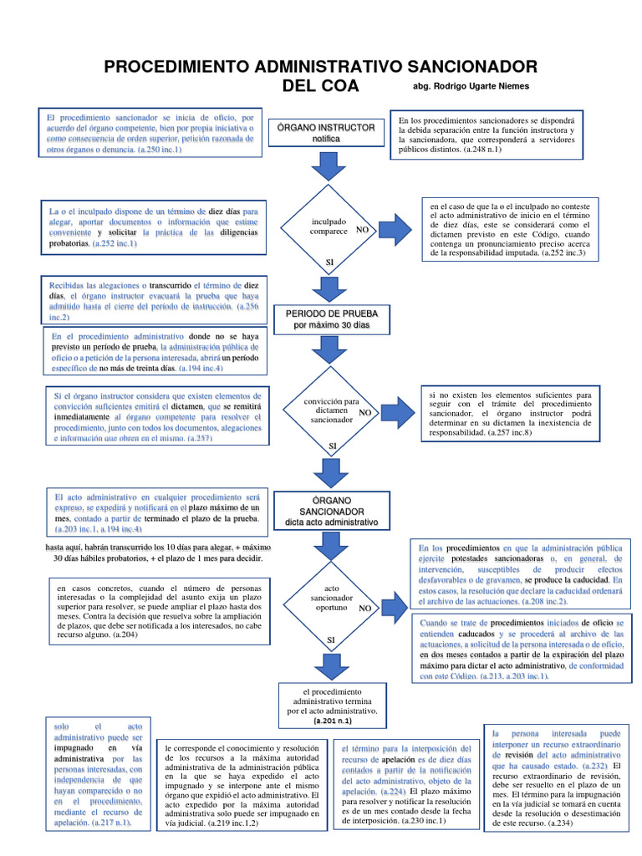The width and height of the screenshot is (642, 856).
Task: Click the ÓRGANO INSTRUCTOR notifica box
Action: [332, 132]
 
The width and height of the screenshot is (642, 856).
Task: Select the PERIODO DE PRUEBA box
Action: [332, 317]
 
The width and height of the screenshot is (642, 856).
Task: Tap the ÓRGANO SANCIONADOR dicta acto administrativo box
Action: [332, 510]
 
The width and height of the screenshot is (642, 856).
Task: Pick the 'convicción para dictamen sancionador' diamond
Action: [332, 410]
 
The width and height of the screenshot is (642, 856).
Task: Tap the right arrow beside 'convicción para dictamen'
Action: [397, 410]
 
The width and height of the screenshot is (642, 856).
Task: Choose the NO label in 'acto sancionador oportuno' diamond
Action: [364, 609]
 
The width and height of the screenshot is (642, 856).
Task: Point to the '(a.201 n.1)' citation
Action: [332, 719]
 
